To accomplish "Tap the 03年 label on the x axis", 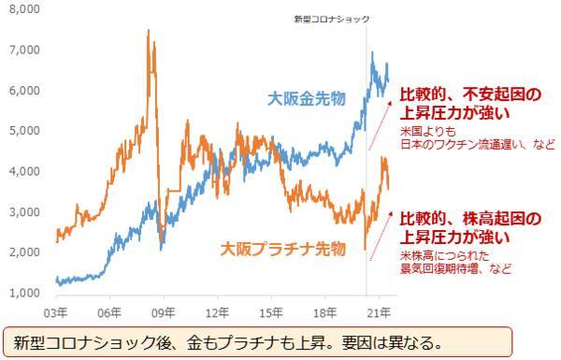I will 56,310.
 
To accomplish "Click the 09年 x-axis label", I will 164,310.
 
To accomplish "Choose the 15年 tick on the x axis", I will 272,310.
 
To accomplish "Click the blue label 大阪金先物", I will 306,98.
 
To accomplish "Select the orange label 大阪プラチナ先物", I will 277,250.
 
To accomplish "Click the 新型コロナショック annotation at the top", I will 331,19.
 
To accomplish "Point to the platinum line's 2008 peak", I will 150,31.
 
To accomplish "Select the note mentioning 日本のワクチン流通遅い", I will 477,144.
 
